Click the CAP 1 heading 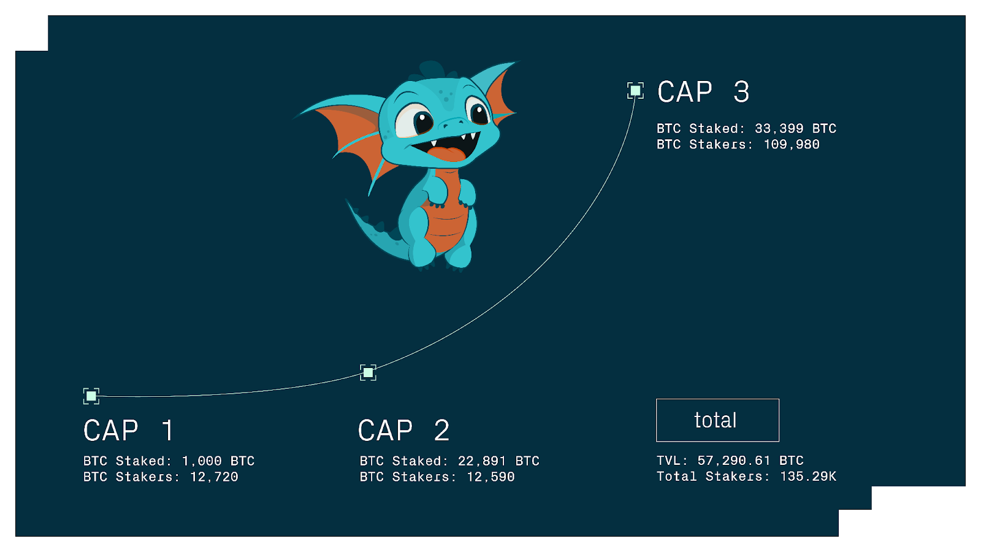click(129, 431)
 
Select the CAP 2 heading click(404, 431)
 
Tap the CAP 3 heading click(703, 92)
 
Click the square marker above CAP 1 click(91, 396)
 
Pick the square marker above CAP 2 click(368, 373)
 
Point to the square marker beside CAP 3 click(635, 91)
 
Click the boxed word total click(716, 420)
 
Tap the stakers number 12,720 click(214, 477)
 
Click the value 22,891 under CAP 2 click(482, 461)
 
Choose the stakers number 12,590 click(490, 477)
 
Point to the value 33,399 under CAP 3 click(779, 128)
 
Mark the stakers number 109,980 click(792, 144)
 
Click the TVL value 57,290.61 click(733, 461)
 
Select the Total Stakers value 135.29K click(808, 476)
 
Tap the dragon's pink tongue click(446, 155)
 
